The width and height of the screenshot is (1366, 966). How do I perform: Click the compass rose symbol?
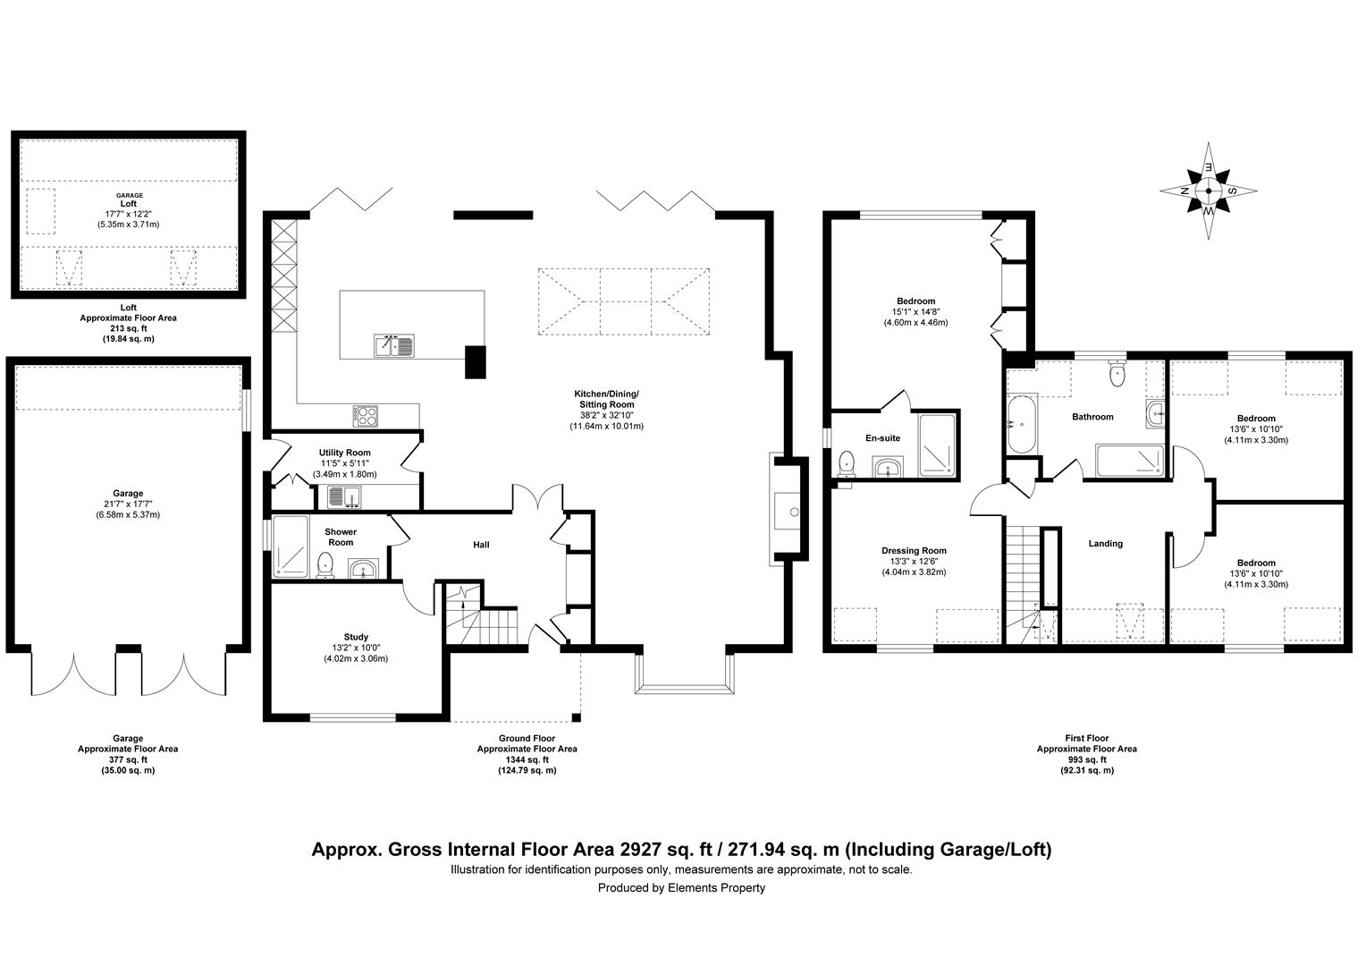coord(1209,191)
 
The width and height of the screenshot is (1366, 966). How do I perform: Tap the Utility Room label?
coord(344,453)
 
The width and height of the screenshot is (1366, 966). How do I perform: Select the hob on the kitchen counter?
coord(367,415)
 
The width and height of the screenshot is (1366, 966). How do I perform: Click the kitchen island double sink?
coord(393,344)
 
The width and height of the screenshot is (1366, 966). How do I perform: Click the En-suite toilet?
coord(847,464)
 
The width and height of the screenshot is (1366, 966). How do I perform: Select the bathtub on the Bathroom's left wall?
coord(1022,425)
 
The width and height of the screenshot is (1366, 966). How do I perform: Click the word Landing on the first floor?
coord(1105,543)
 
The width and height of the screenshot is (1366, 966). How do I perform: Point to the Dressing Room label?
coord(914,551)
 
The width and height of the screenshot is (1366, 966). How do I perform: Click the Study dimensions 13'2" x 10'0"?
coord(356,648)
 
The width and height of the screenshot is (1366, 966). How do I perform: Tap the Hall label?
coord(481,545)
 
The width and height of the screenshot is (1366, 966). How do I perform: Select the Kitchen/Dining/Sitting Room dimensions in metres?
coord(606,427)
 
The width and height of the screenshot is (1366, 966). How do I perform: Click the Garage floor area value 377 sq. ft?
coord(128,759)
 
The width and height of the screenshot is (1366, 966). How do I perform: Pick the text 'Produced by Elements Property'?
coord(681,888)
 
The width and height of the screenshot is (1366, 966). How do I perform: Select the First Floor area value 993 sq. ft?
coord(1086,759)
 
